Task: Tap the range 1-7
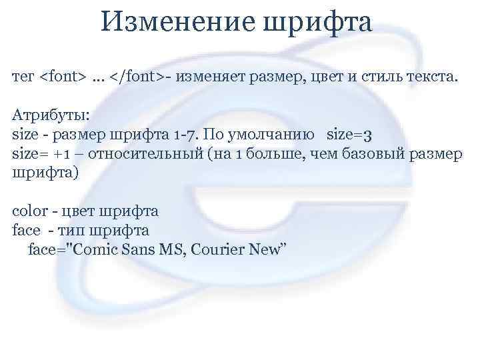(186, 135)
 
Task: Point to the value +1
(63, 155)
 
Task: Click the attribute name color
(30, 213)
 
